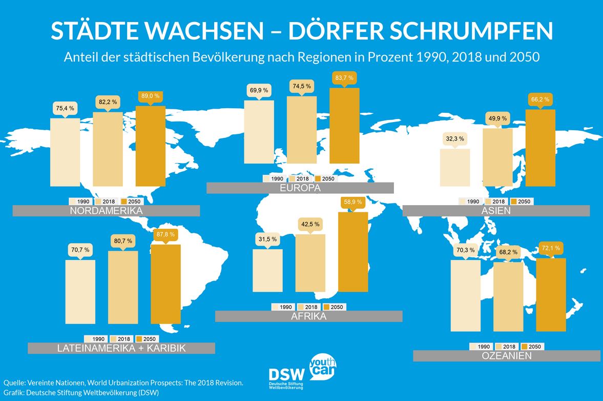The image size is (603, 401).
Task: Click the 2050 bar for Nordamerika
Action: point(151,147)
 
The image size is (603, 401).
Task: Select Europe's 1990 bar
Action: point(259,132)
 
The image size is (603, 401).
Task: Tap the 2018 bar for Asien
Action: point(497,157)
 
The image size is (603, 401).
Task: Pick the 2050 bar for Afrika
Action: point(354,252)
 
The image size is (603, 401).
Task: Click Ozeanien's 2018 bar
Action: point(508,296)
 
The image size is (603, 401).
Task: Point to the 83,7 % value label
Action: point(344,77)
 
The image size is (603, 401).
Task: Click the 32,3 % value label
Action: point(455,139)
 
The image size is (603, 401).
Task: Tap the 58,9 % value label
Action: point(353,202)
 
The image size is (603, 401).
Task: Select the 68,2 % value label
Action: point(508,252)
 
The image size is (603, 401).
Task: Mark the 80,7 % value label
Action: point(122,240)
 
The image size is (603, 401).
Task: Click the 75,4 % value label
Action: point(65,108)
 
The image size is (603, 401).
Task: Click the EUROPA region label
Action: point(300,188)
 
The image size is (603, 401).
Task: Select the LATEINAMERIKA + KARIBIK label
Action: point(121,349)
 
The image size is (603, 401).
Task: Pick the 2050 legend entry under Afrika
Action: point(334,307)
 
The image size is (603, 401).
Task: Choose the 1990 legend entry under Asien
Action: point(470,202)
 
